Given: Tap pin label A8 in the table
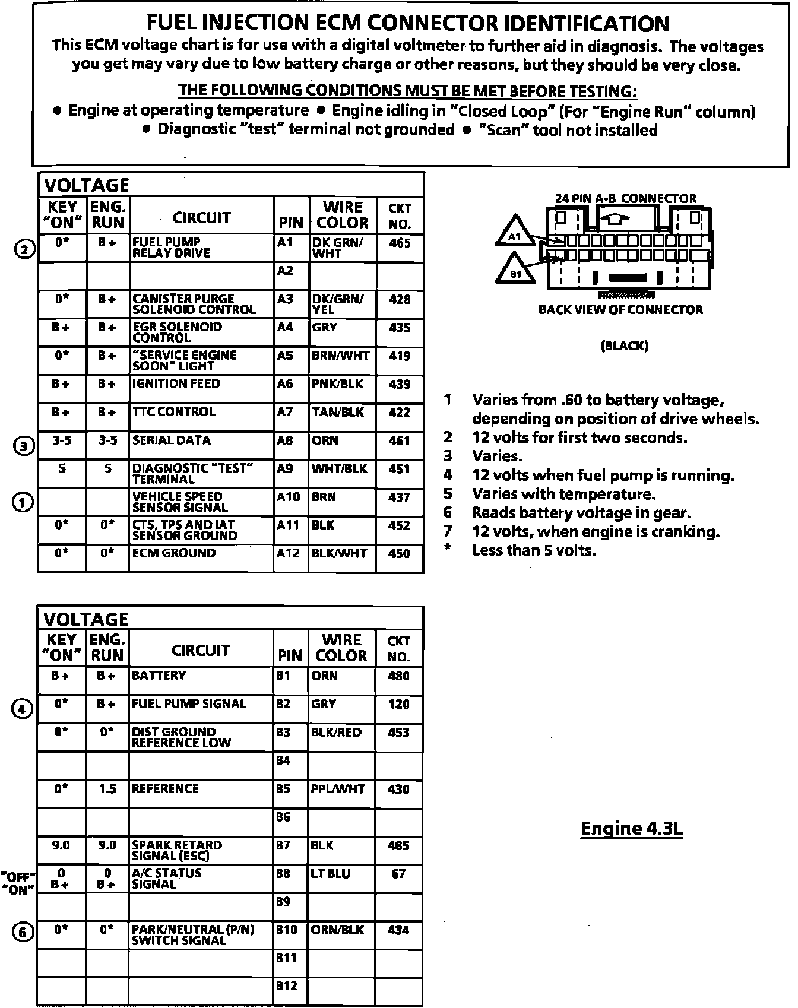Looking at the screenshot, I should click(x=285, y=440).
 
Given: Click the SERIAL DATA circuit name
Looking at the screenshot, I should click(x=171, y=440).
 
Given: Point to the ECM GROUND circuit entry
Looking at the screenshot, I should click(x=173, y=553).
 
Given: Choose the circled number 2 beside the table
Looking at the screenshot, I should click(x=23, y=249).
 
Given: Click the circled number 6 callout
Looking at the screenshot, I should click(x=22, y=933).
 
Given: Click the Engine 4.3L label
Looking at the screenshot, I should click(x=631, y=828).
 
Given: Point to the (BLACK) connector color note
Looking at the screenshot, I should click(x=624, y=345).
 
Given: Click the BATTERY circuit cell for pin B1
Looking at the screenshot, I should click(x=159, y=676).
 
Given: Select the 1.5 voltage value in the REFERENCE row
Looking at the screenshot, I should click(x=107, y=789).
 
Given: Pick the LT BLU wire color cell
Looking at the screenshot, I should click(x=330, y=874).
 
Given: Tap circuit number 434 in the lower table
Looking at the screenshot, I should click(x=398, y=930).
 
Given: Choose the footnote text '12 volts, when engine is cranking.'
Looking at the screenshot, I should click(x=596, y=532).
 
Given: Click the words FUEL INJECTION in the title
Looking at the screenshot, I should click(x=227, y=24).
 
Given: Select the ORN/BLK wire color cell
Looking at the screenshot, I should click(x=337, y=930).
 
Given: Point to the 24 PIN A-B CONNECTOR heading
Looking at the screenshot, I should click(x=625, y=198).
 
